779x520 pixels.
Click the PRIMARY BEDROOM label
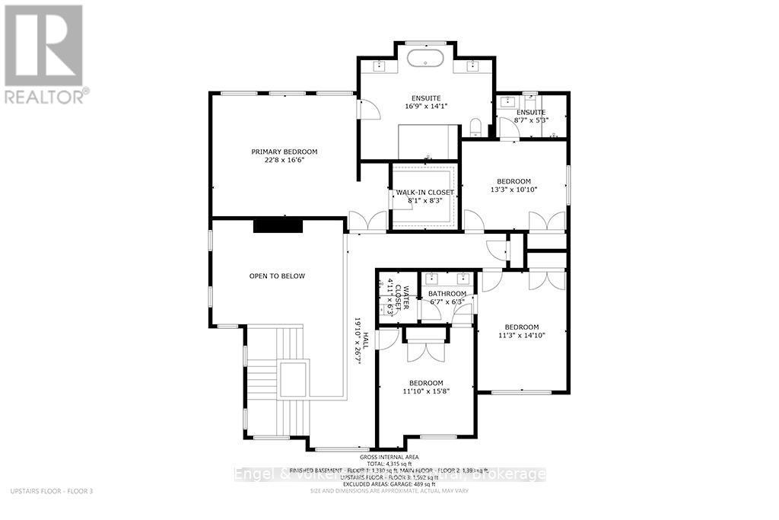click(285, 152)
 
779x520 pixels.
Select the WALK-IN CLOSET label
click(424, 193)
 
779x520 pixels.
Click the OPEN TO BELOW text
click(277, 276)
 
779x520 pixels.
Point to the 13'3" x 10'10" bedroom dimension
click(514, 190)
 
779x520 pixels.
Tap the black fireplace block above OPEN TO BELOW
click(278, 225)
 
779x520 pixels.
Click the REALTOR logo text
click(46, 96)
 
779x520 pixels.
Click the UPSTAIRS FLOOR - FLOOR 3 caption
click(49, 492)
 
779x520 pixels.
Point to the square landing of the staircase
click(293, 378)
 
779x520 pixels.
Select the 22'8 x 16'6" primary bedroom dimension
click(285, 161)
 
